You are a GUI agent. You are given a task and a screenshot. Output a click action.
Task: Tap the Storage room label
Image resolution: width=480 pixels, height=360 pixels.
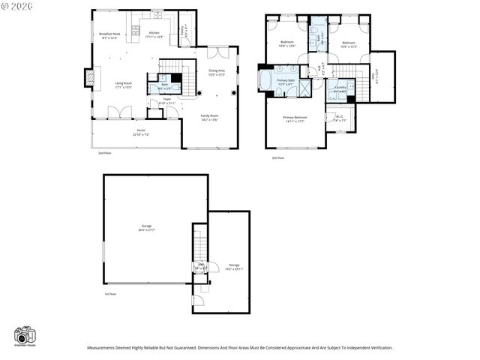(235, 266)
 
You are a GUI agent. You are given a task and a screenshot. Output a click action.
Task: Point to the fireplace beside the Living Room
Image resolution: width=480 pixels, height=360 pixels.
(88, 77)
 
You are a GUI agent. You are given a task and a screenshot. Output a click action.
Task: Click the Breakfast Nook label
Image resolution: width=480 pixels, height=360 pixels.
(109, 35)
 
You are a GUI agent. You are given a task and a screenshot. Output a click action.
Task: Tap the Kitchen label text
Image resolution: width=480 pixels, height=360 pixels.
(154, 34)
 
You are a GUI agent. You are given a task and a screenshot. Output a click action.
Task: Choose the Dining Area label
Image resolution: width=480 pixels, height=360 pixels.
(217, 72)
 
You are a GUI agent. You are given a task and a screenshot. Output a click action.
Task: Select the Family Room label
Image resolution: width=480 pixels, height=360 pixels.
(209, 117)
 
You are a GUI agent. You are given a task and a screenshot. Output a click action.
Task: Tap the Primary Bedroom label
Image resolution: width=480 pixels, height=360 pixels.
(295, 118)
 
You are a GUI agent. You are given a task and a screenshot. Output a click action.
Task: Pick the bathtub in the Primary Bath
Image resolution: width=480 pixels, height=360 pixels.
(265, 80)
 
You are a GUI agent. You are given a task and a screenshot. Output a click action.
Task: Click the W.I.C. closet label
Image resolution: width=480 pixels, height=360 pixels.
(340, 118)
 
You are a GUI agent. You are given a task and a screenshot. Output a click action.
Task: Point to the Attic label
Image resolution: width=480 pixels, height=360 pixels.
(375, 75)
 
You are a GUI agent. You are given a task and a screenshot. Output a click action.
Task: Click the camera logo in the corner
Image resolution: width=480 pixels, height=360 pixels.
(25, 335)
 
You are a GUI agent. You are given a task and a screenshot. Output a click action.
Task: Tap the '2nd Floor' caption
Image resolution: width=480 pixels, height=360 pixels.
(104, 153)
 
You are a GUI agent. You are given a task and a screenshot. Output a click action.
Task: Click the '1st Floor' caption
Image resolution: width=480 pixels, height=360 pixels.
(110, 294)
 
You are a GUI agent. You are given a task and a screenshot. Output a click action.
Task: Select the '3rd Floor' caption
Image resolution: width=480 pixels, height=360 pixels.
(278, 158)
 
